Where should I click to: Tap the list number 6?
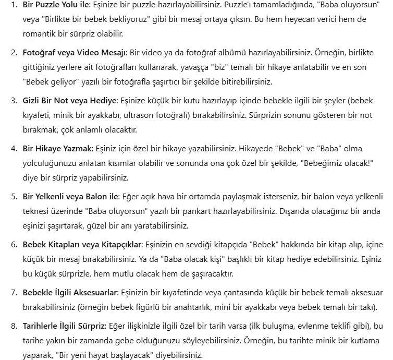pos(14,244)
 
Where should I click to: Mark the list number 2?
pos(14,54)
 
